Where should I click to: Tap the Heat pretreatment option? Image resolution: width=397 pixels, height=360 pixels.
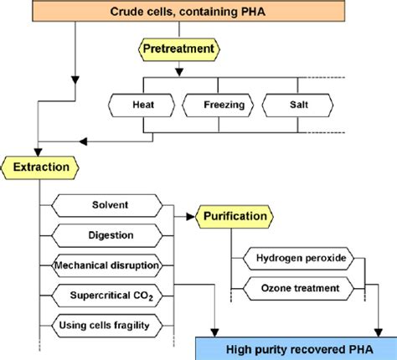click(x=143, y=106)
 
